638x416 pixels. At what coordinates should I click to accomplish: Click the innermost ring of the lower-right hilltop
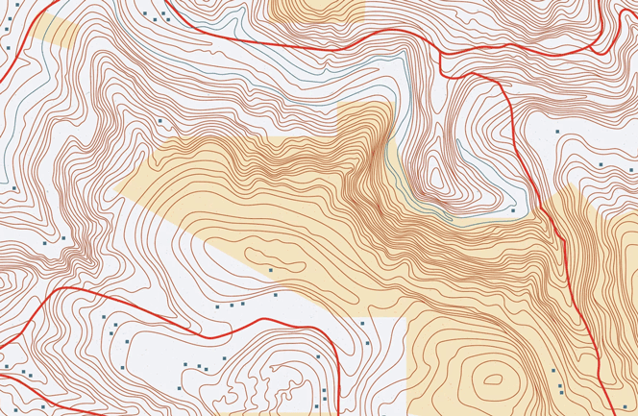click(x=494, y=378)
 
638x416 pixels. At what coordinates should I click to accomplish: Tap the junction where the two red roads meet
click(x=442, y=54)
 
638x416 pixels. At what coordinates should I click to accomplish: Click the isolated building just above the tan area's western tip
click(x=160, y=121)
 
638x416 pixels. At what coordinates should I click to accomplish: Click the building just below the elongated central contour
click(x=271, y=271)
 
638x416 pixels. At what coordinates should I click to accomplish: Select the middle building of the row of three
click(x=231, y=306)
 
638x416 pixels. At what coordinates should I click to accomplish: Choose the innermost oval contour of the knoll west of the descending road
click(x=438, y=178)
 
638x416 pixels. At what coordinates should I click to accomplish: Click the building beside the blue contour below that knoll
click(x=514, y=209)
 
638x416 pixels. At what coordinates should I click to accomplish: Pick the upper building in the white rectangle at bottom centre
click(x=362, y=324)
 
